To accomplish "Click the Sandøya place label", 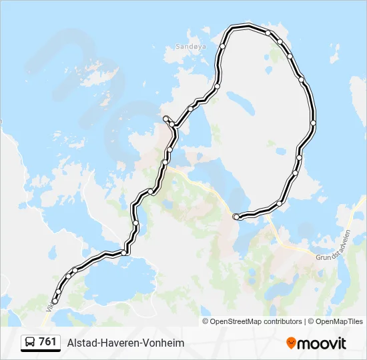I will [x=187, y=47].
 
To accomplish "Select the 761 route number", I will [x=48, y=342].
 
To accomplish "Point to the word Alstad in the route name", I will [x=81, y=343].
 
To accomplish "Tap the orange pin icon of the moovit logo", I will [x=291, y=343].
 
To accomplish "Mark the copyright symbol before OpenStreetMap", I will [x=206, y=321].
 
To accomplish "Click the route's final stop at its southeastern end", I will [x=236, y=217].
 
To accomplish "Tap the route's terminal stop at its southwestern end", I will [x=55, y=301].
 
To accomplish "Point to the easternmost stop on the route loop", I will [x=313, y=123].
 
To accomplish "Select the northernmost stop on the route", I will [x=268, y=32].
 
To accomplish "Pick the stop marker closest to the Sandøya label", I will [x=223, y=46].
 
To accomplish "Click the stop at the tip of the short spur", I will [x=165, y=119].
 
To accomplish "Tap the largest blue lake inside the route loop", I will [x=241, y=103].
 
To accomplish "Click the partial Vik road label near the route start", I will [x=49, y=306].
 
